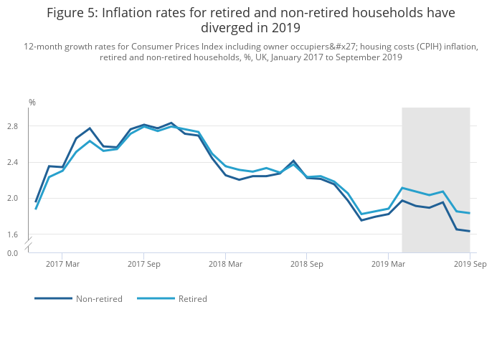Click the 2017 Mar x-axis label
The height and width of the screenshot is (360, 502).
coord(62,265)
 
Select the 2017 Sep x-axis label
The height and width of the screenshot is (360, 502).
coord(144,265)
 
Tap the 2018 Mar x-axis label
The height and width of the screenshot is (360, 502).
coord(225,265)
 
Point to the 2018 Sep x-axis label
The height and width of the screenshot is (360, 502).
coord(307,265)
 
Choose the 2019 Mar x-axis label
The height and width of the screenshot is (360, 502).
coord(388,265)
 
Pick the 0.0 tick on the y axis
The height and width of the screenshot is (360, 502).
coord(12,253)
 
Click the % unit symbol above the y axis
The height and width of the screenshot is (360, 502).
coord(32,103)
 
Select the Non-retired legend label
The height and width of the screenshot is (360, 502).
coord(99,299)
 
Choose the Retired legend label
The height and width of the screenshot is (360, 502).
coord(192,299)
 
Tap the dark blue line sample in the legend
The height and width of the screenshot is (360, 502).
coord(53,298)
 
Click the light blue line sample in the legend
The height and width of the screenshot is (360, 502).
coord(156,298)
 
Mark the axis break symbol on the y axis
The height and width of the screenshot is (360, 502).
coord(28,245)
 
